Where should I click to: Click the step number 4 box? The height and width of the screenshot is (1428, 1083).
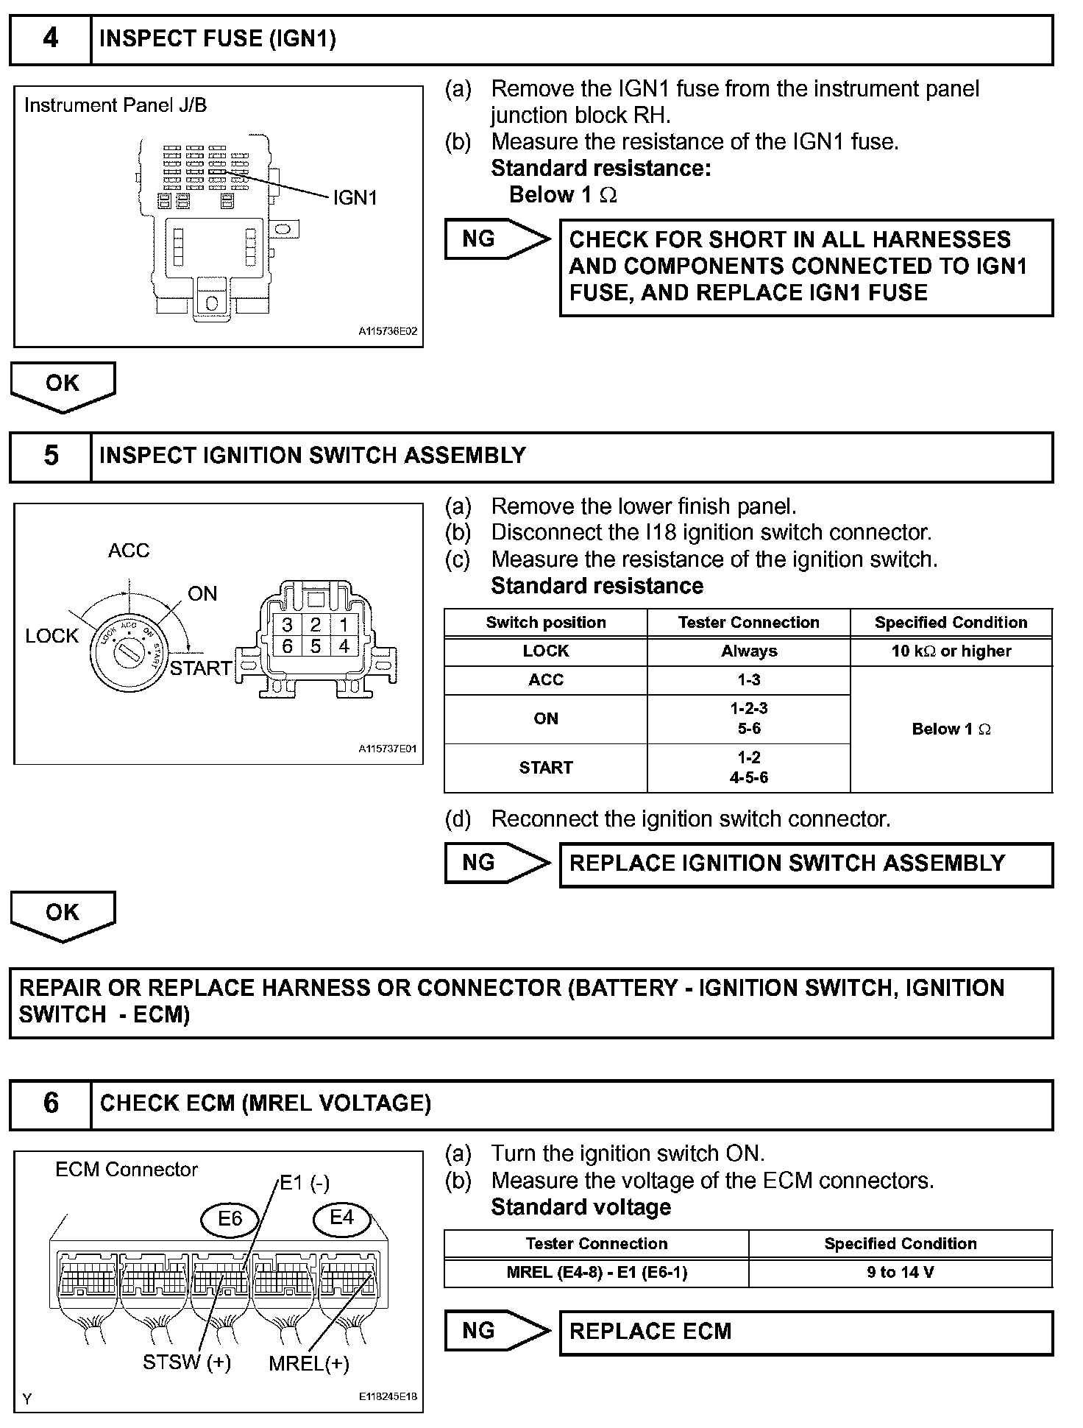50,39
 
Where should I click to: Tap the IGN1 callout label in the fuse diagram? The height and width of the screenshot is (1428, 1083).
355,198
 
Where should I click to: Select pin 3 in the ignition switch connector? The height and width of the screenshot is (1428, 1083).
288,625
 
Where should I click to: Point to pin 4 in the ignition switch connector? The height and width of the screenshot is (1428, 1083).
344,646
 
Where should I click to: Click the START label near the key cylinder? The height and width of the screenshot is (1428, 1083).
201,668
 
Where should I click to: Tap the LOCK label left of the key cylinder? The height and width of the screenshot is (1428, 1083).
52,636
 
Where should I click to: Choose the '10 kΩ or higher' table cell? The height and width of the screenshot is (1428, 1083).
951,651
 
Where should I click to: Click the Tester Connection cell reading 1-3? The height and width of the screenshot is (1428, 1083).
748,680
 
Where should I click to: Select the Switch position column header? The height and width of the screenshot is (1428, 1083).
545,623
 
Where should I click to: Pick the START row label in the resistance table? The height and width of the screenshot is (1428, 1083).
545,768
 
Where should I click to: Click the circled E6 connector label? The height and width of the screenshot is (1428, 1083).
230,1219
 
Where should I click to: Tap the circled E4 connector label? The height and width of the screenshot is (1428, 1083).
341,1217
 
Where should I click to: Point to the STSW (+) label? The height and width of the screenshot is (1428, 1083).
187,1362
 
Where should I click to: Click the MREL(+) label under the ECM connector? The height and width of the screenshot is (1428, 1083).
308,1364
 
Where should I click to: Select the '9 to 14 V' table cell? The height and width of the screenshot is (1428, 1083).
900,1273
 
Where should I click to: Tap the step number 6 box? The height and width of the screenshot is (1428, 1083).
50,1103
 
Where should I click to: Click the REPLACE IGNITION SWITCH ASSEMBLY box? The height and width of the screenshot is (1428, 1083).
806,864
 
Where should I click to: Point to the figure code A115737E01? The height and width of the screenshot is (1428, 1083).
388,749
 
